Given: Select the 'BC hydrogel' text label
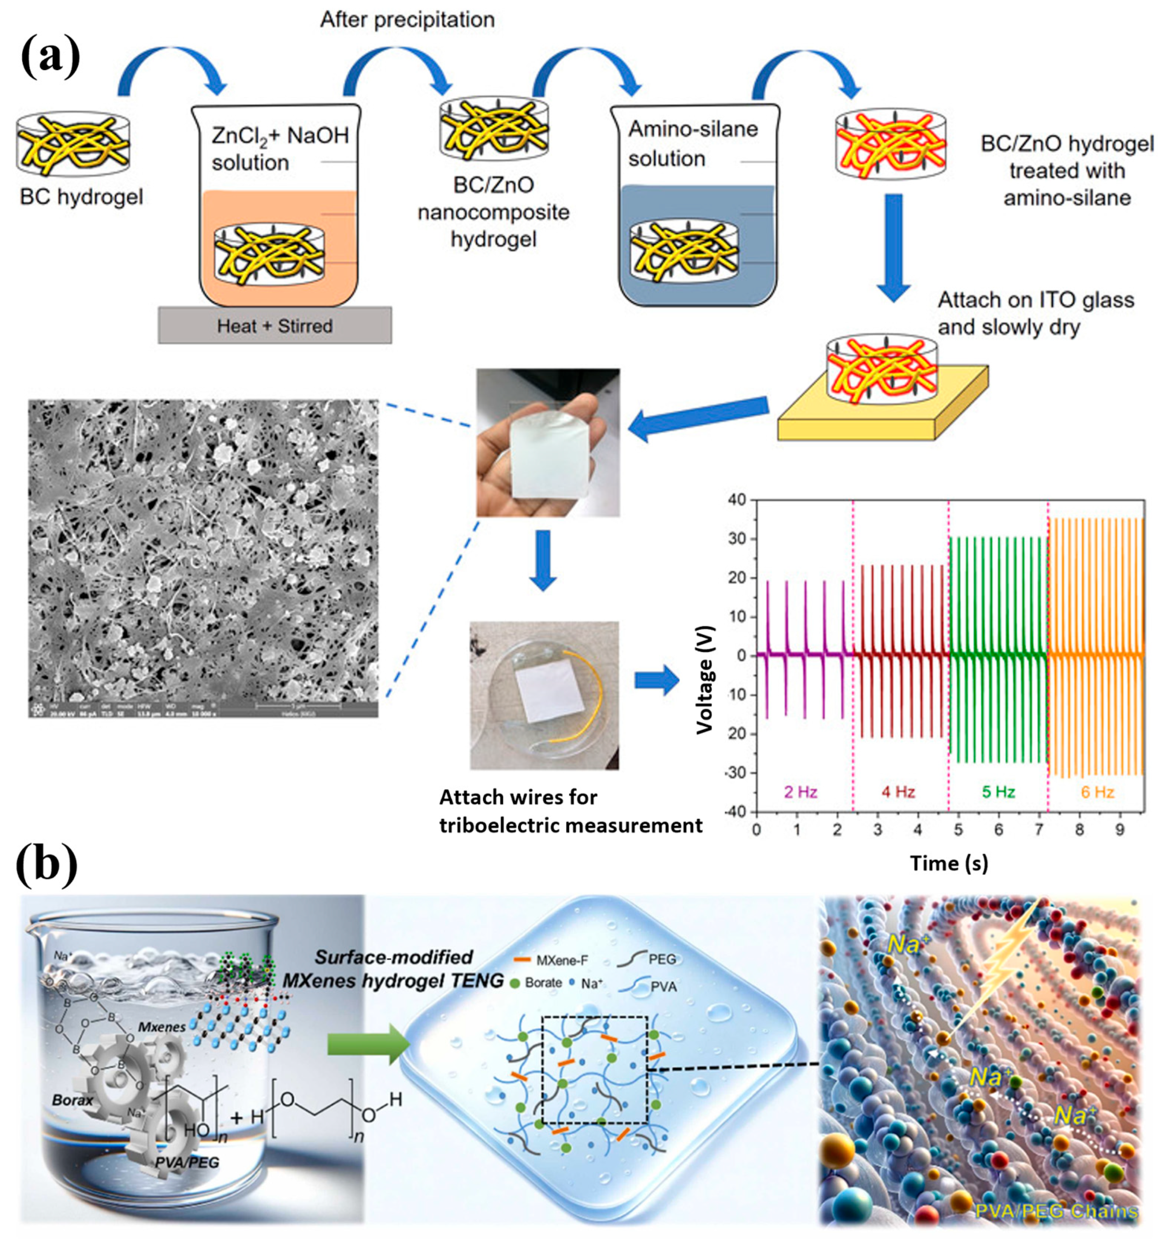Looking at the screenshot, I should click(x=81, y=197).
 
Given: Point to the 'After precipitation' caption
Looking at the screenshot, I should click(x=407, y=20).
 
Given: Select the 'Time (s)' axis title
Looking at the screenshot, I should click(x=949, y=864).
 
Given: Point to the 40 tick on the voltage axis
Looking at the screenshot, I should click(x=737, y=500).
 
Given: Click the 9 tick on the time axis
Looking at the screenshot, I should click(x=1120, y=830).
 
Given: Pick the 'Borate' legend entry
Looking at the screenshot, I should click(x=537, y=983).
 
